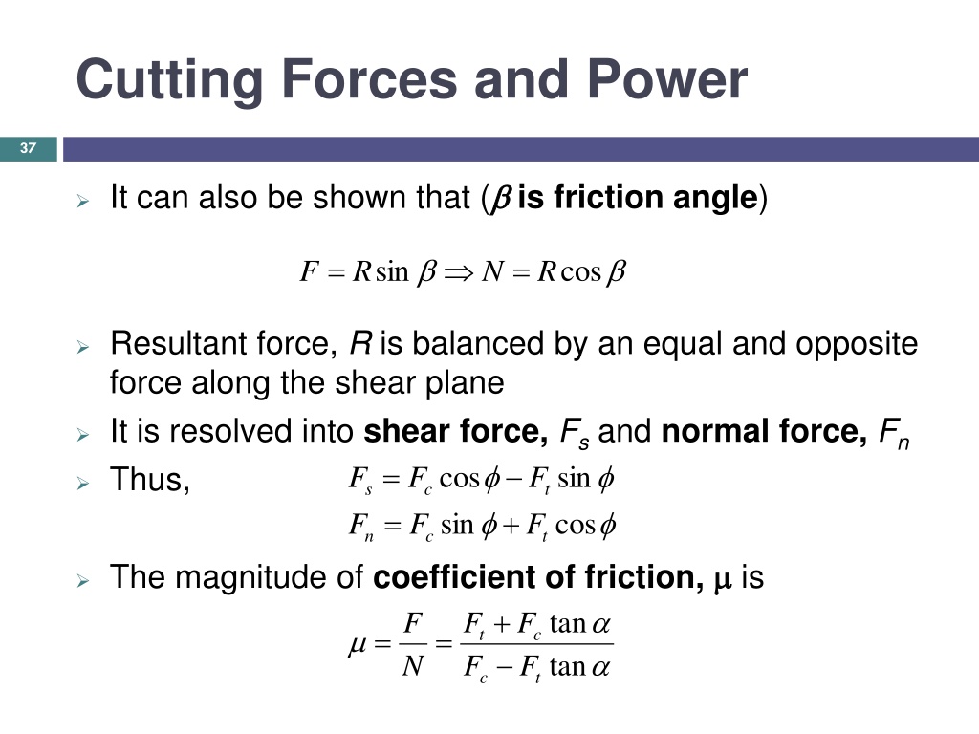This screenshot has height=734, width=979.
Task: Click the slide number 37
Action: tap(28, 148)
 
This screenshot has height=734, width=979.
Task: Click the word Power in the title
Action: tap(666, 79)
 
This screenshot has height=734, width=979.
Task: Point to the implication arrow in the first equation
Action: tap(459, 272)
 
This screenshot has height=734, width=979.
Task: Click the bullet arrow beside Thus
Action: tap(83, 483)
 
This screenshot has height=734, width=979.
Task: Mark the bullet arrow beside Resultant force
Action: tap(83, 346)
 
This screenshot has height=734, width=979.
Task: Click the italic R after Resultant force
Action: tap(360, 343)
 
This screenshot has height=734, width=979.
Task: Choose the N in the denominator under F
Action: tap(413, 666)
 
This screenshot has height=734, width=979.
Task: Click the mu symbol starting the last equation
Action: tap(357, 645)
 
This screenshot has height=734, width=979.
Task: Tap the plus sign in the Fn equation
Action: tap(511, 526)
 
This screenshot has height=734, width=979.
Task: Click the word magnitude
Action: tap(251, 578)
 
